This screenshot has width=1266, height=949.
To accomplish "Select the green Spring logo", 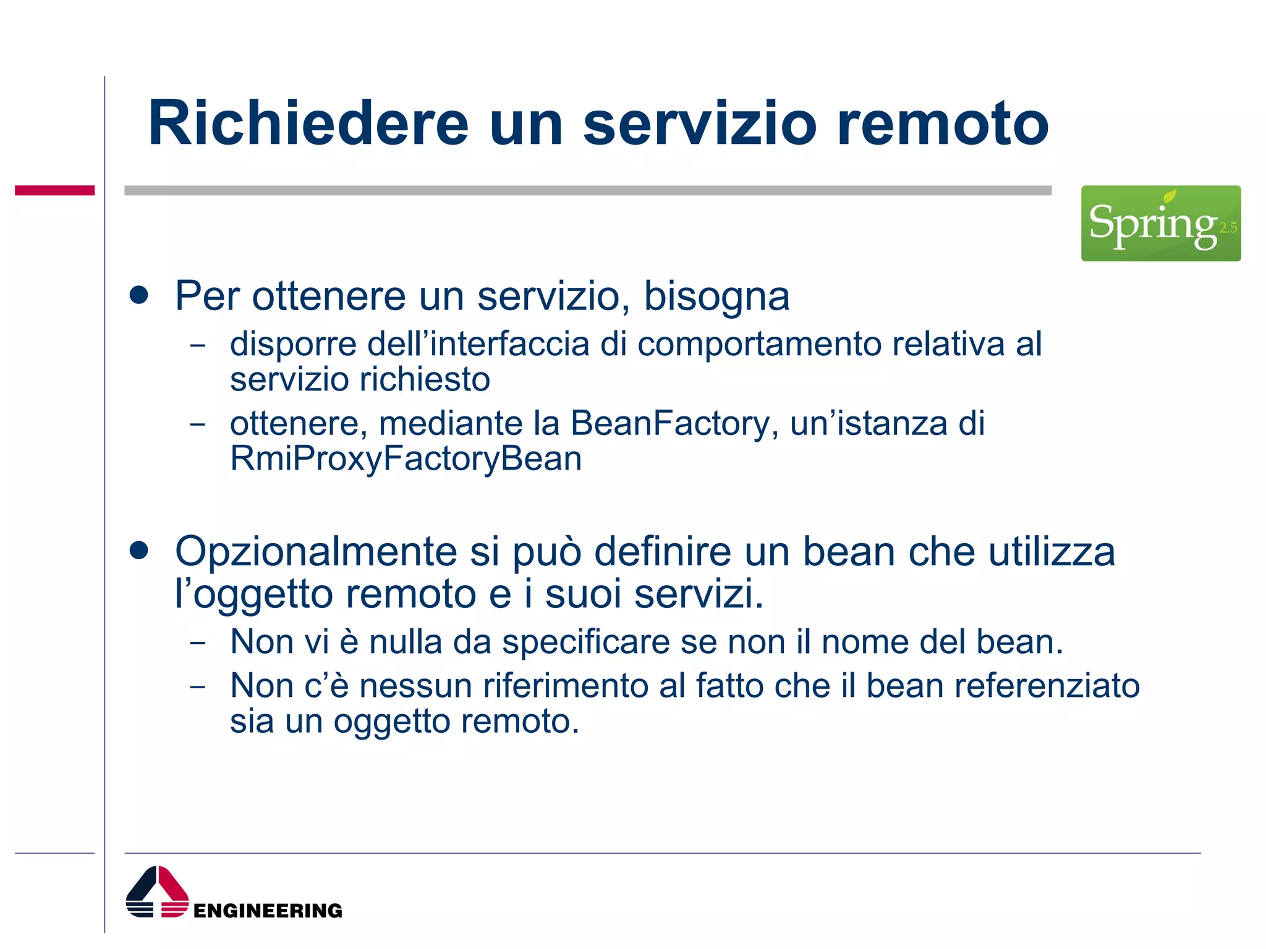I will click(1160, 223).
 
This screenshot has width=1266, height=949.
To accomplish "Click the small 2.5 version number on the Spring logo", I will click(1228, 228).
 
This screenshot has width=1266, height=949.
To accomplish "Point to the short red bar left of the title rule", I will click(54, 190).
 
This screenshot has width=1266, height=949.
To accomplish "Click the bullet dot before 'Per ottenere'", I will click(139, 295).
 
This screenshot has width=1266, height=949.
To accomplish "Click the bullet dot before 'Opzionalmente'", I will click(139, 550).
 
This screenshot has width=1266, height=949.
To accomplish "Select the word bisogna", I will click(716, 297).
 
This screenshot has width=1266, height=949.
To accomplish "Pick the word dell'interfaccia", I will click(478, 344).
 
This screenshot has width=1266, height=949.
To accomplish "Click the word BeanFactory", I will click(670, 424).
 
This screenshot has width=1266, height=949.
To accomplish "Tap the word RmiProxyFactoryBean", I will click(406, 459).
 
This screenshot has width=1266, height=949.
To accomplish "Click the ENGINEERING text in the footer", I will click(268, 911).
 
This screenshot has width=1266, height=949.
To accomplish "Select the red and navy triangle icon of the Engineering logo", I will click(157, 892).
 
